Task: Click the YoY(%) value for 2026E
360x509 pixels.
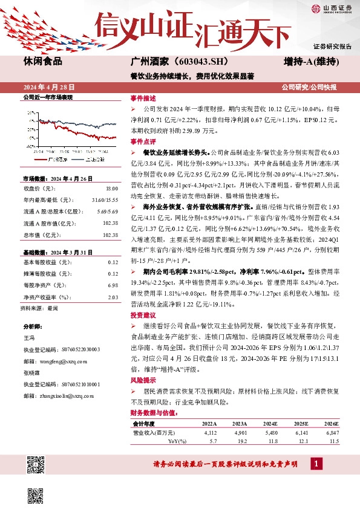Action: click(x=333, y=441)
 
